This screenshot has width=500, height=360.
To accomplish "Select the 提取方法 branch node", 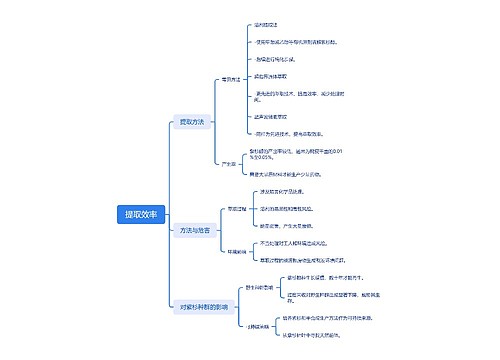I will [x=190, y=122].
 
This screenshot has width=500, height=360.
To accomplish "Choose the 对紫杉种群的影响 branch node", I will [x=204, y=306].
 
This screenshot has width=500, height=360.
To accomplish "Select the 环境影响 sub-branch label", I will [x=236, y=250].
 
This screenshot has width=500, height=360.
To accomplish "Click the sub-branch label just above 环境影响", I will [x=236, y=209].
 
